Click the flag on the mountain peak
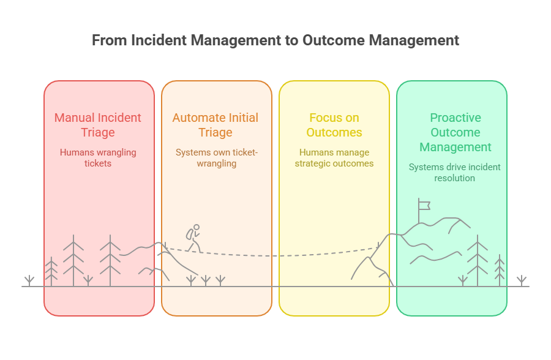click(x=423, y=206)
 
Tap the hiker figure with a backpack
click(x=193, y=238)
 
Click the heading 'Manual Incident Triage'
click(x=98, y=125)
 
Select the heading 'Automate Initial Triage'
click(x=216, y=125)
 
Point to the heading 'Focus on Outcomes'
click(x=334, y=125)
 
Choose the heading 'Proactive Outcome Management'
click(x=455, y=132)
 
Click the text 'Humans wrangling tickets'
click(x=98, y=158)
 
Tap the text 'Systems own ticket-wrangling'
click(x=217, y=158)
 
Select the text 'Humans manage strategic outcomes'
click(x=334, y=158)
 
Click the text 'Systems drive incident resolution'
click(x=454, y=173)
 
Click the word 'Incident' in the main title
click(x=158, y=40)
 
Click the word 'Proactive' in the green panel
click(x=455, y=118)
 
